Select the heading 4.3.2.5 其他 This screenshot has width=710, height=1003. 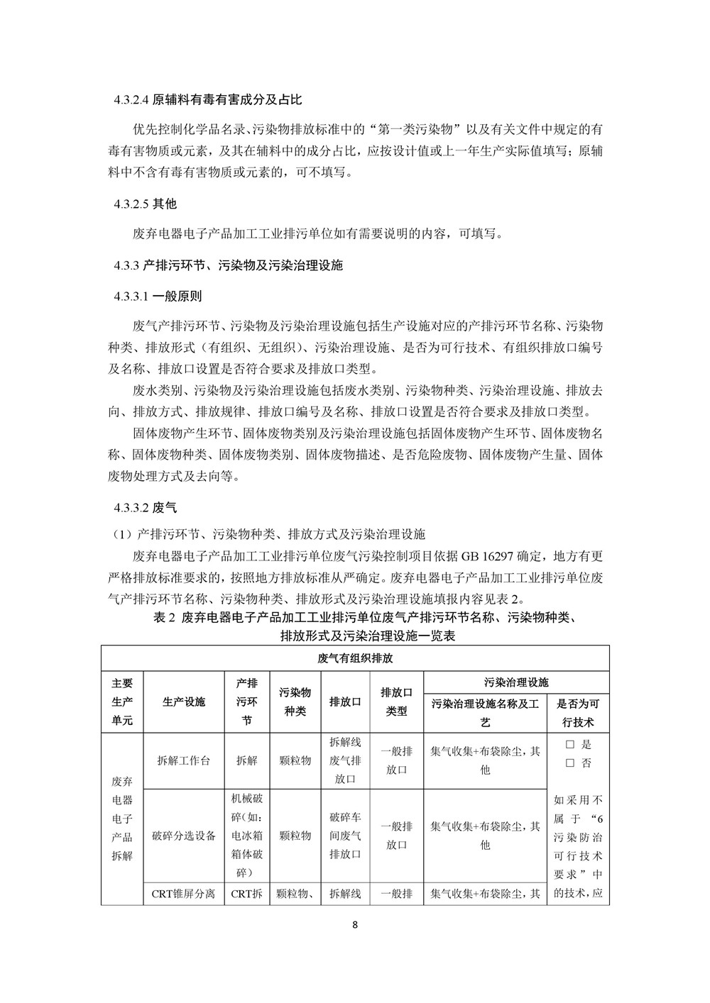(145, 204)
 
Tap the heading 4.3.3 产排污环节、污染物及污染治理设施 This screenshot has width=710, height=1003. (228, 265)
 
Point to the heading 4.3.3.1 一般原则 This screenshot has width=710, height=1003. (158, 296)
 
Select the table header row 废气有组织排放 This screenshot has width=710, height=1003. (355, 658)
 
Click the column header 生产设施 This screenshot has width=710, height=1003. (183, 702)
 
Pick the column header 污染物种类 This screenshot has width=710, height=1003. (295, 702)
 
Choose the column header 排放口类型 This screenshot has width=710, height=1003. (396, 702)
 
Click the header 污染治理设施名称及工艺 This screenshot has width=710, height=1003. (485, 713)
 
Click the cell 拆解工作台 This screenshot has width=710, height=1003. (183, 760)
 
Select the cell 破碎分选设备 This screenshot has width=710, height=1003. (183, 835)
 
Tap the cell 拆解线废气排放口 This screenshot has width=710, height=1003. (346, 760)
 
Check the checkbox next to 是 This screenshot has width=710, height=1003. (569, 745)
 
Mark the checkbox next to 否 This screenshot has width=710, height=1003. (569, 763)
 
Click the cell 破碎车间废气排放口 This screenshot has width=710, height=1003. (346, 835)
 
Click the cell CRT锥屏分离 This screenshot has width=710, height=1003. (183, 894)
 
